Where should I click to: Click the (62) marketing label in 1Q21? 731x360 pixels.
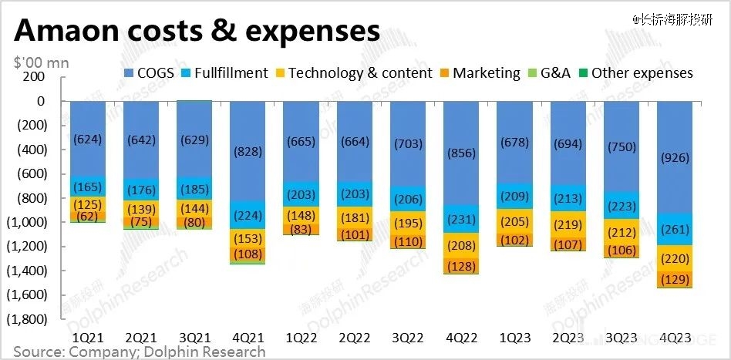(86, 217)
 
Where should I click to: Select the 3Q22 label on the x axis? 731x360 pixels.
(407, 338)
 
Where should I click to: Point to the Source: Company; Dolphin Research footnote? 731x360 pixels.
(139, 352)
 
